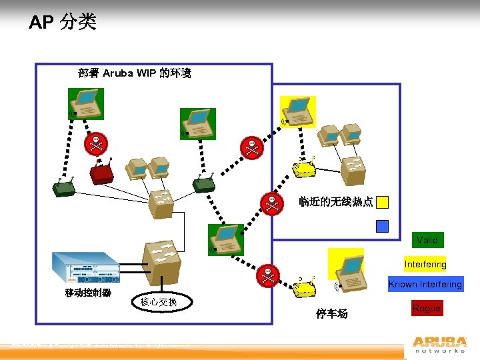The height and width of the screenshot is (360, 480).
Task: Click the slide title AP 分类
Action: [63, 23]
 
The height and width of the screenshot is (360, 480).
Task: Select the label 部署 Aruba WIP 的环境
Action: [135, 73]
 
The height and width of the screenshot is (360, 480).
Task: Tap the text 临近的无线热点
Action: [335, 201]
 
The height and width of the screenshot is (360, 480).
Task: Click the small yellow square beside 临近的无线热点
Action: [382, 202]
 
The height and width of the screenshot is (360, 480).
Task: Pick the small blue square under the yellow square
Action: [382, 226]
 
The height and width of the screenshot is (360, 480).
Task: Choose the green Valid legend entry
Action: [427, 240]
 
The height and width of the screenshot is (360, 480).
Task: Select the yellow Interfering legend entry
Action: [425, 264]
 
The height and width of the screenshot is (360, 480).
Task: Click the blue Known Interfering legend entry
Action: [425, 285]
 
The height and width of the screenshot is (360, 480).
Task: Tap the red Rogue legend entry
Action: [426, 308]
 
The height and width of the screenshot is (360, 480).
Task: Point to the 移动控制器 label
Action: [88, 293]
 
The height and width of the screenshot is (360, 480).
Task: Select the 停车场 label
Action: [332, 314]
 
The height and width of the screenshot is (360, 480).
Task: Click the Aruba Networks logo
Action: [439, 344]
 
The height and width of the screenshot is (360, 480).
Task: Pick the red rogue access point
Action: [102, 172]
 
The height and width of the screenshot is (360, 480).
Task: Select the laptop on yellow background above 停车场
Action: [347, 265]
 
